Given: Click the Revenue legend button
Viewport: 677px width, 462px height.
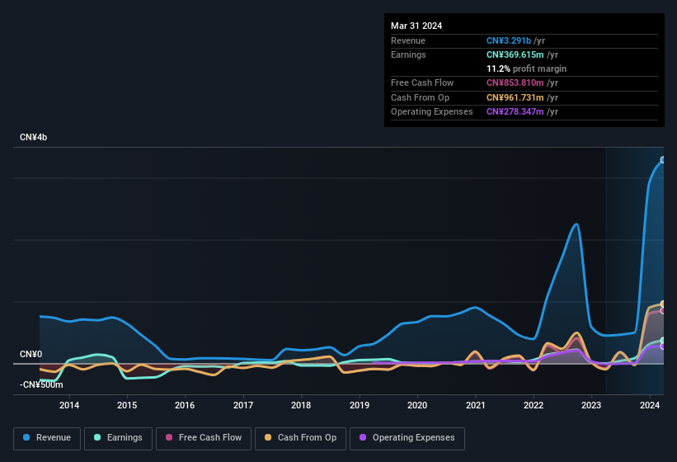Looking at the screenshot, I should click(x=47, y=438).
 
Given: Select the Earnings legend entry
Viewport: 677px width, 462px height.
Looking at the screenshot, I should click(x=118, y=438).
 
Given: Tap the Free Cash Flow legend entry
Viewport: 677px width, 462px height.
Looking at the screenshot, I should click(x=203, y=438).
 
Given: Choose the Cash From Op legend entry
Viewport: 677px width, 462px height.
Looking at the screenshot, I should click(x=300, y=438).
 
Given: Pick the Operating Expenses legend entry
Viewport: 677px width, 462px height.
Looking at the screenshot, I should click(x=407, y=438).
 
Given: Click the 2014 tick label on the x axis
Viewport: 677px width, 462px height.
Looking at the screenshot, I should click(x=69, y=405).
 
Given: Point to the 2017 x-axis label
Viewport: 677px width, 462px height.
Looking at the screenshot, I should click(x=243, y=405).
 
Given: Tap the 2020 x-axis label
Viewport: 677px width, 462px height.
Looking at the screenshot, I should click(x=417, y=405).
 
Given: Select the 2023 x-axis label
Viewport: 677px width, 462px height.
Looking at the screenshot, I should click(x=591, y=405).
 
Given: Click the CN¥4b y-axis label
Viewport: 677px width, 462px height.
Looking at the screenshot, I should click(x=34, y=137).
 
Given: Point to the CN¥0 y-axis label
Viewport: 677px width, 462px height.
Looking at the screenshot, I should click(x=31, y=355).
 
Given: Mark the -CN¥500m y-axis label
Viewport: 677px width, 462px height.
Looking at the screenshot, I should click(x=41, y=384).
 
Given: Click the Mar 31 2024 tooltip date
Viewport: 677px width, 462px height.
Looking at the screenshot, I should click(x=416, y=26).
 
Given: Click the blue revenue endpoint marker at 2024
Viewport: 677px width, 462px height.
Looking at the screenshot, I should click(x=663, y=160).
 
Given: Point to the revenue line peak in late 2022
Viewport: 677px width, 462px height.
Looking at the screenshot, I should click(x=576, y=224).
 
